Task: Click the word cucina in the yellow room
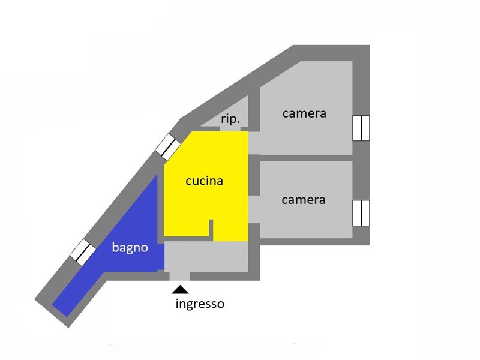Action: [204, 181]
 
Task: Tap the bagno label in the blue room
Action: [130, 247]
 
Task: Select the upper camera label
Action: [304, 113]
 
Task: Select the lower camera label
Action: [304, 200]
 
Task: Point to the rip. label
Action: [230, 119]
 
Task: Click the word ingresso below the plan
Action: [200, 304]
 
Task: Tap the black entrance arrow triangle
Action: [180, 290]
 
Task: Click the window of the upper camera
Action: [361, 128]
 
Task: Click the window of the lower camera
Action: [361, 213]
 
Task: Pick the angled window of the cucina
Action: [167, 147]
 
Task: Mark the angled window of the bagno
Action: [83, 253]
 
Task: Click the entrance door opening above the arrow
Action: [179, 276]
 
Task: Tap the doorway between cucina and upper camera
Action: [254, 143]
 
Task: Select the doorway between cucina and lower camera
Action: [254, 209]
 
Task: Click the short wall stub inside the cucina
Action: [211, 230]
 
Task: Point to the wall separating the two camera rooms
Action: [306, 158]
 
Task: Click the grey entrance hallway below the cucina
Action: [206, 256]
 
